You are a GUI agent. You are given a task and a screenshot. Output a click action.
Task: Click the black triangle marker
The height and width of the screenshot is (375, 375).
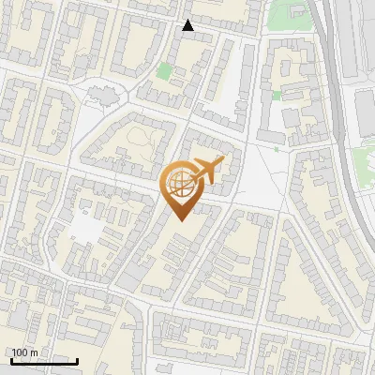click(x=188, y=25)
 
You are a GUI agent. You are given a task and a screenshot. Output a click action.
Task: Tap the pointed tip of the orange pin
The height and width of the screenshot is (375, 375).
click(x=178, y=219)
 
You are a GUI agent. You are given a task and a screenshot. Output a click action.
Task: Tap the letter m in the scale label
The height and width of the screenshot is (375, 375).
click(x=34, y=352)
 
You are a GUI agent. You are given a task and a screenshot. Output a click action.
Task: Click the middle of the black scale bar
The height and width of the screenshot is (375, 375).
click(x=44, y=361)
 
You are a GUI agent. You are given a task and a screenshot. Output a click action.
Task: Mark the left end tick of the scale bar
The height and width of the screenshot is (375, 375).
click(x=11, y=360)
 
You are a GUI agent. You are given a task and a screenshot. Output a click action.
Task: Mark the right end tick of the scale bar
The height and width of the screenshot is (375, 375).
click(x=77, y=360)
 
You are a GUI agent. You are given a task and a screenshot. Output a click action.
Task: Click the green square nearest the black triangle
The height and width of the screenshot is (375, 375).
click(x=165, y=70)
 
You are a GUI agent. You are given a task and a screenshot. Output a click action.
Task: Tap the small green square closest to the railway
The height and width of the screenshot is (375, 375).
click(x=277, y=96)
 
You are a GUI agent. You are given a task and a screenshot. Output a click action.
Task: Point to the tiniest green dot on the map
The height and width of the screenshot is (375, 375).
click(x=277, y=148)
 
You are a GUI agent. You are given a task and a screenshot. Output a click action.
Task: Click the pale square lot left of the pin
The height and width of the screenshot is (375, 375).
click(x=86, y=228)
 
